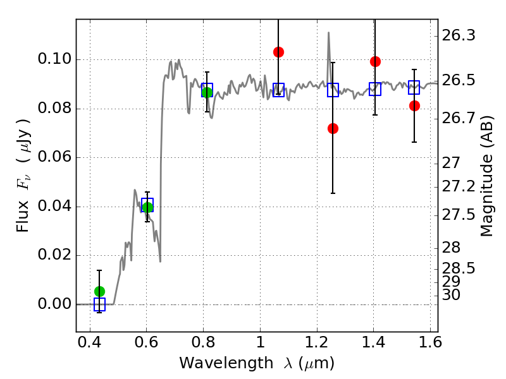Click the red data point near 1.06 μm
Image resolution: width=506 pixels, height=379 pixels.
click(278, 52)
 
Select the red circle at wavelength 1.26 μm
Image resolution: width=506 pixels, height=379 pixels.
click(333, 129)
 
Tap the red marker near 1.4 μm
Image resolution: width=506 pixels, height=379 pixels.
click(375, 61)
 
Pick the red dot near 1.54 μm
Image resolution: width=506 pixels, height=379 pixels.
click(414, 105)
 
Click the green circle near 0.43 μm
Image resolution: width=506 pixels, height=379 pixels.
click(99, 292)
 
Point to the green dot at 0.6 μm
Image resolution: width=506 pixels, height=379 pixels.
click(147, 208)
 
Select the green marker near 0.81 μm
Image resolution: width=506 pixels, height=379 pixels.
click(207, 92)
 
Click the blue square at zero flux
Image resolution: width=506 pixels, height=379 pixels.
click(99, 304)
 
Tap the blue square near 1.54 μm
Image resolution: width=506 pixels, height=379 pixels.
click(414, 87)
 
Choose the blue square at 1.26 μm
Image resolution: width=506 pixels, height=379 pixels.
click(333, 90)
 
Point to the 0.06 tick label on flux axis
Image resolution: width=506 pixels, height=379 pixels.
click(54, 157)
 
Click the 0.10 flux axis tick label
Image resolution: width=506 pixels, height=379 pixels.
click(54, 59)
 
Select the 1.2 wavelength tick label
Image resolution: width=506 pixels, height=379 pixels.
click(317, 342)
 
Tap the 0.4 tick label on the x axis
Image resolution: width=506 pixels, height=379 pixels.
click(90, 342)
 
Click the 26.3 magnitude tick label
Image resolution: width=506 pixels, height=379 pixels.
click(459, 35)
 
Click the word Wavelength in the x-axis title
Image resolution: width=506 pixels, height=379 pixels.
click(226, 363)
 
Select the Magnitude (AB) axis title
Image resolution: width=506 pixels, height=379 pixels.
click(487, 176)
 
